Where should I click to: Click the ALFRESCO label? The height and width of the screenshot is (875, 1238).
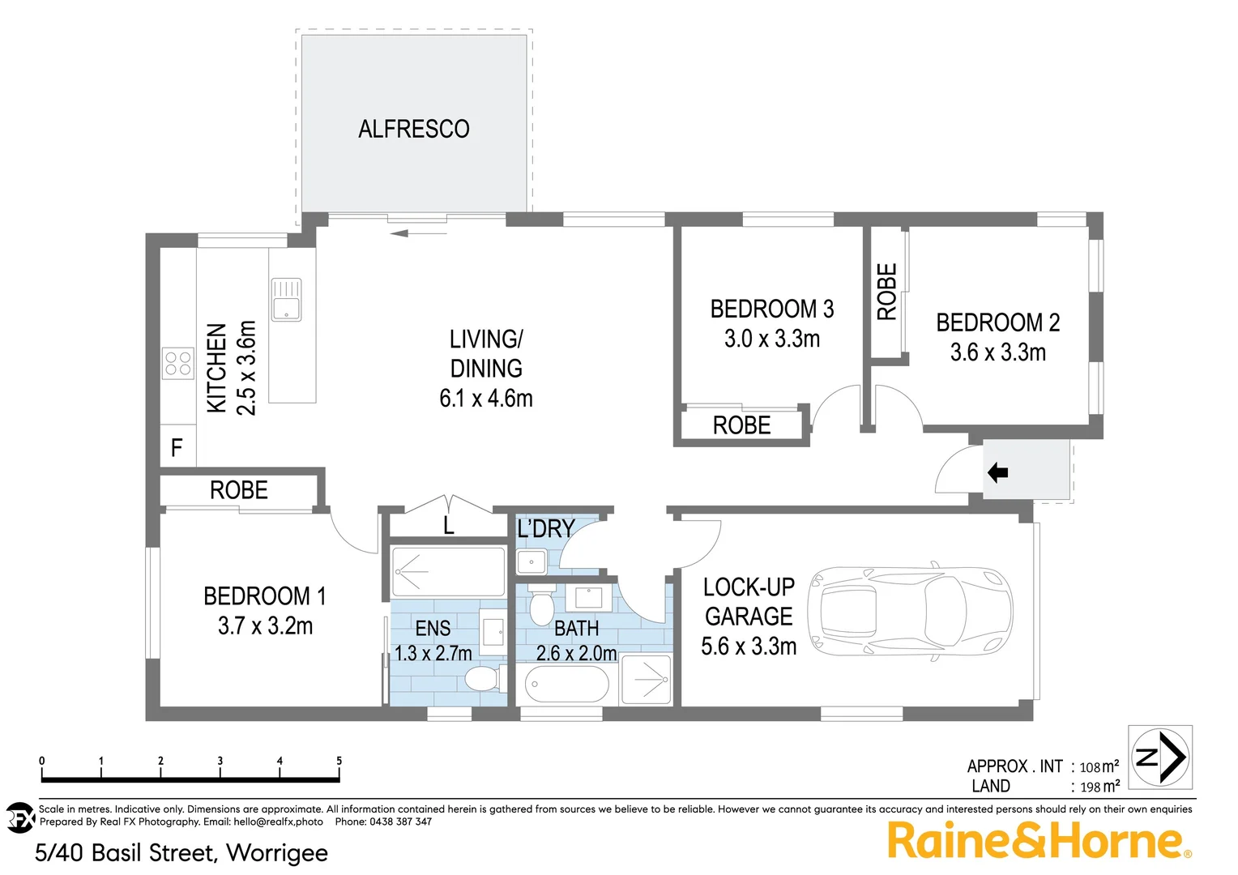click(x=414, y=129)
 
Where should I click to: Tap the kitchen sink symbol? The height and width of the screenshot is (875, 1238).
click(x=286, y=300)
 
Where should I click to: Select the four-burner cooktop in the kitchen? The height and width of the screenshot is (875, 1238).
click(x=178, y=363)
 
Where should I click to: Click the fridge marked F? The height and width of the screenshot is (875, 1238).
click(x=177, y=447)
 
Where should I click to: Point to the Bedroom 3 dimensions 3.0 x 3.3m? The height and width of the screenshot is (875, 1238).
click(x=772, y=339)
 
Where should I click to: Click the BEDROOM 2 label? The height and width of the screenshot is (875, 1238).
click(x=997, y=322)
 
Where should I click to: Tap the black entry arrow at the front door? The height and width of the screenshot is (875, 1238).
click(x=997, y=472)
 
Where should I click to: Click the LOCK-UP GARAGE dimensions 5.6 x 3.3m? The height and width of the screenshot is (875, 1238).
click(x=749, y=647)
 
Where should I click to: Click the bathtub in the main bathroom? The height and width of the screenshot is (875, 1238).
click(x=566, y=685)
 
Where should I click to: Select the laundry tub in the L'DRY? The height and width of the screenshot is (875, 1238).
click(x=531, y=560)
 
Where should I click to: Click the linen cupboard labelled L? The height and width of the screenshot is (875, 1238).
click(x=448, y=526)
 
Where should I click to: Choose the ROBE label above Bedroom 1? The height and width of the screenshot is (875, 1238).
click(x=238, y=490)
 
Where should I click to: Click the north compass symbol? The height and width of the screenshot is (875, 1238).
click(x=1161, y=758)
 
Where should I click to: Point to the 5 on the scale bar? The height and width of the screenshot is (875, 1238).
click(x=339, y=761)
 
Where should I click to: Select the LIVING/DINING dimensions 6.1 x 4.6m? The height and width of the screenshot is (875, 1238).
click(x=486, y=399)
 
